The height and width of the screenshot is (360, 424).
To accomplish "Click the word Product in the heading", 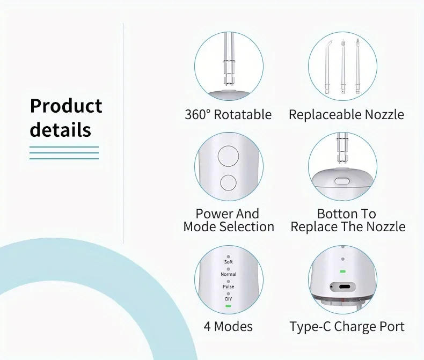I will click(66, 106).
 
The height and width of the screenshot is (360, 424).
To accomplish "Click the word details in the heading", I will click(60, 130).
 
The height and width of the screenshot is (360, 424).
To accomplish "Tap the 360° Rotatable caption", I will click(228, 114).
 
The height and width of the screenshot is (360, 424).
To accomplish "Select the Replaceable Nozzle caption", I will click(346, 114).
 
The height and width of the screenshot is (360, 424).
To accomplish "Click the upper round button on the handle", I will click(228, 158).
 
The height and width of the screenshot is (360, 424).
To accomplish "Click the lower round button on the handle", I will click(228, 183).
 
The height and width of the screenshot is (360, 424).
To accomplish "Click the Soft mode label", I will click(228, 262).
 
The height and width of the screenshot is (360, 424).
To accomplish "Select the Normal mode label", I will click(228, 274).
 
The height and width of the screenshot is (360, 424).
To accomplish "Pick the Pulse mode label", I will click(228, 286).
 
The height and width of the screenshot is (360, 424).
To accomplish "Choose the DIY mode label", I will click(228, 299).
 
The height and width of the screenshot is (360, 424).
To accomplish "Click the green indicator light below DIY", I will click(228, 305).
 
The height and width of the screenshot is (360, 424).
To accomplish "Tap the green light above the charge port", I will click(342, 271).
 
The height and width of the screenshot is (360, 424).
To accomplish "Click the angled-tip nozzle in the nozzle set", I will click(327, 62).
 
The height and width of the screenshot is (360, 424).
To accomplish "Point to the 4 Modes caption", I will click(228, 326).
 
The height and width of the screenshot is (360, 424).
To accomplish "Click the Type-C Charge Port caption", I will click(347, 326).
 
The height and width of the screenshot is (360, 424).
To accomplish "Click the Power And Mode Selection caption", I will click(228, 220).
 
